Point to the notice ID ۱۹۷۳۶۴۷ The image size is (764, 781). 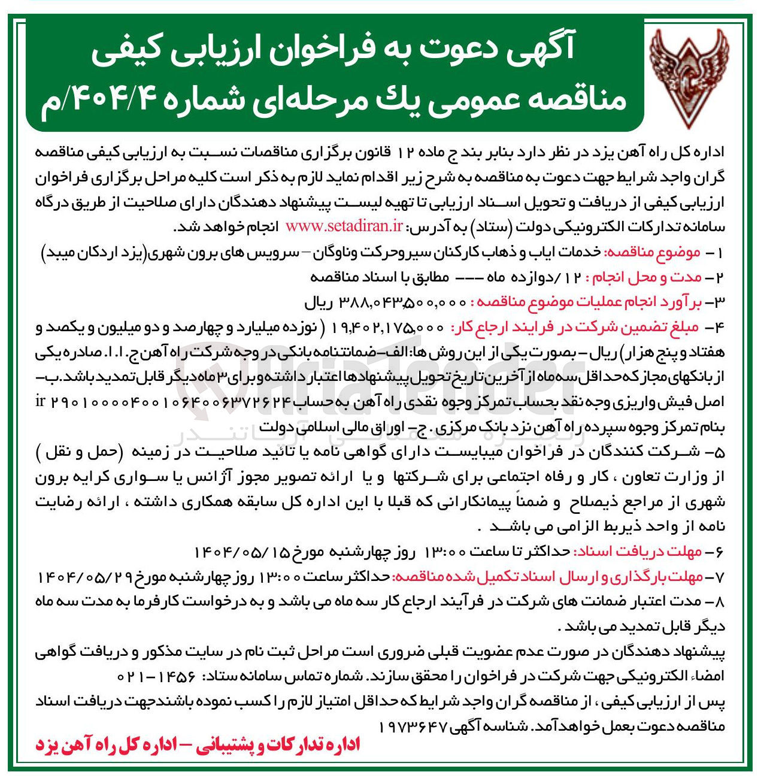point(413,726)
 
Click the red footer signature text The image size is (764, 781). point(198,744)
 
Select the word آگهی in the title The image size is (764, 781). point(536,47)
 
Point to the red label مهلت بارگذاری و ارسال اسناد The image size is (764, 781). point(547,577)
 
